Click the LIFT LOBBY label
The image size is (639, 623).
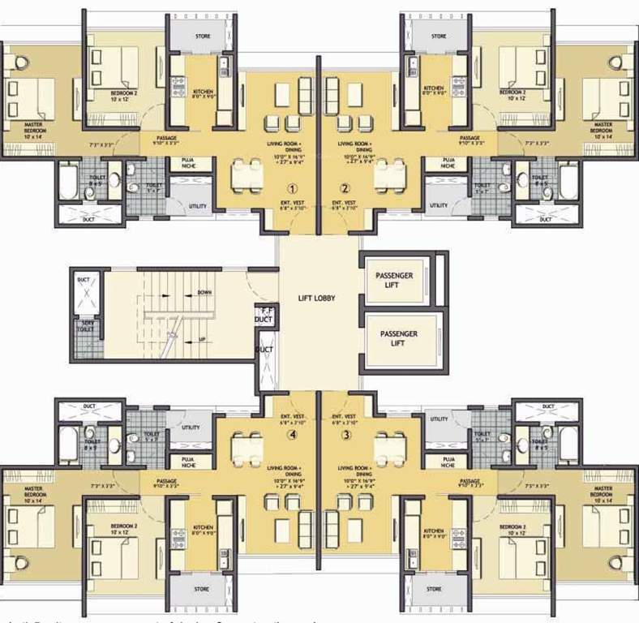click(x=317, y=298)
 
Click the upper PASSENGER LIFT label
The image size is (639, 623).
click(x=394, y=281)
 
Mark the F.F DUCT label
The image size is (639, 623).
click(x=263, y=316)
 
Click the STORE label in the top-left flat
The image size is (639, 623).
click(x=202, y=37)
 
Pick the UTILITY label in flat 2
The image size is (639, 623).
click(x=438, y=206)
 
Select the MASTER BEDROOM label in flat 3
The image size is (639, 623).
click(x=601, y=494)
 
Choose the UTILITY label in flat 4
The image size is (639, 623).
click(x=191, y=428)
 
